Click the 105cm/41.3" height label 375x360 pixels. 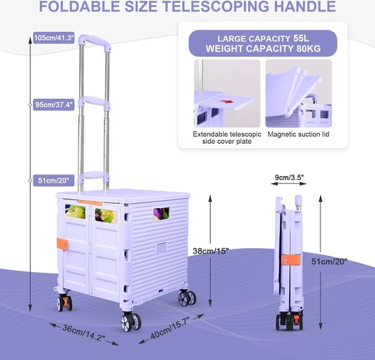tap(54, 37)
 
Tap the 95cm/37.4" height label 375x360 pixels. tap(54, 104)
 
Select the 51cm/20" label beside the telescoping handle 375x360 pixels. tap(54, 181)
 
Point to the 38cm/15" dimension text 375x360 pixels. tap(211, 251)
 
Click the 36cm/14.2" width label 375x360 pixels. tap(83, 333)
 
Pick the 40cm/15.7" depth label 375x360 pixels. tap(170, 327)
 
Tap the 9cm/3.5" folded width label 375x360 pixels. tap(289, 177)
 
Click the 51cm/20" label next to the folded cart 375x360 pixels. tap(329, 261)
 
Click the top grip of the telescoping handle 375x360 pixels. tap(95, 42)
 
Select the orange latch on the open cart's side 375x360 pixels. tap(63, 244)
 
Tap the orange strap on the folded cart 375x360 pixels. tap(290, 260)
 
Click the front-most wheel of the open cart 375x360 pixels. tap(130, 322)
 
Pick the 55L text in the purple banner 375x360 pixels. tap(301, 38)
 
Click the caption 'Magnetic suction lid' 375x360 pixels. tap(298, 134)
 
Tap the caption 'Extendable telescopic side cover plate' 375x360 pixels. tap(227, 138)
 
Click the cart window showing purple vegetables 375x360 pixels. tap(161, 214)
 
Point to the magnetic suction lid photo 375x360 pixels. tap(299, 93)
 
